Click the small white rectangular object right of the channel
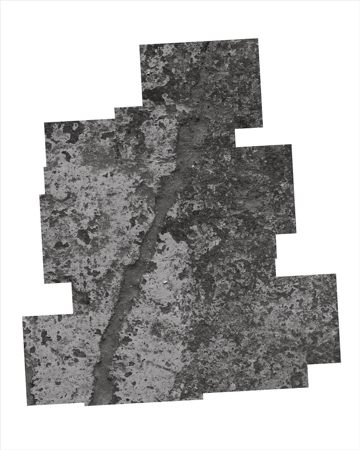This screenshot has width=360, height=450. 165,283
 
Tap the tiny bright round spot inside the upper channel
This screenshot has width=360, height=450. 193,166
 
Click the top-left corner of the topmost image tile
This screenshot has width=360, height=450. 139,45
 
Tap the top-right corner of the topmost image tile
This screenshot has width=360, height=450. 259,39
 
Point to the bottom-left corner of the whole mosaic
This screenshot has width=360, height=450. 27,405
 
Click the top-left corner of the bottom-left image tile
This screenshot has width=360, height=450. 22,316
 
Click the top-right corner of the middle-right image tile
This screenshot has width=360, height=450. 292,144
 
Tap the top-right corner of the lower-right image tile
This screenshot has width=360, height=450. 336,274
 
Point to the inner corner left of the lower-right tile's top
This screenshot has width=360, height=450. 275,275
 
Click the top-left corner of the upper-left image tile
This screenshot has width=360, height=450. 44,122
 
